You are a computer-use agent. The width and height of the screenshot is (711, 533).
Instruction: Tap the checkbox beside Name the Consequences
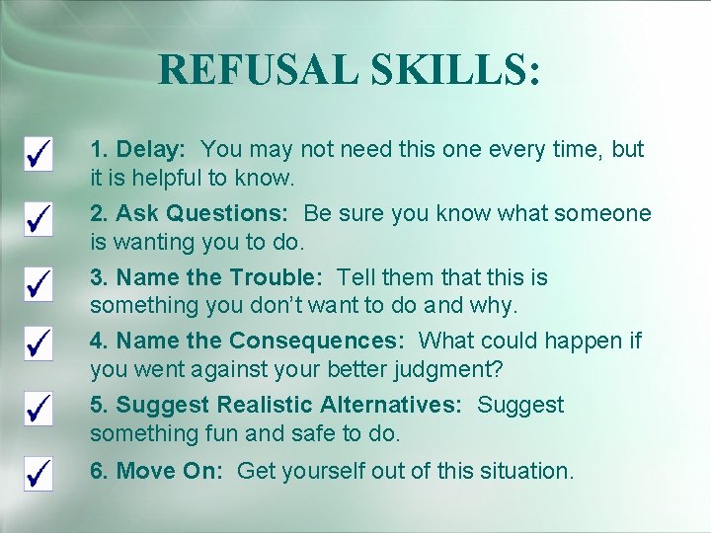click(x=39, y=344)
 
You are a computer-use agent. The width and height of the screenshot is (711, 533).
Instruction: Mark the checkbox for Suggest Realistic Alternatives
click(x=39, y=409)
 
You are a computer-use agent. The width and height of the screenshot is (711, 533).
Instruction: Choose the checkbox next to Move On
click(x=39, y=473)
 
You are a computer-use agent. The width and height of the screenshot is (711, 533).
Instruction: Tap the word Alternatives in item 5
click(x=391, y=406)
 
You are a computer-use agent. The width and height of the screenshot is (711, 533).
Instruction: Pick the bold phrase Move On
click(x=170, y=472)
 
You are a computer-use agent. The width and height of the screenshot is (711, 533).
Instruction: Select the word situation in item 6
click(x=524, y=472)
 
